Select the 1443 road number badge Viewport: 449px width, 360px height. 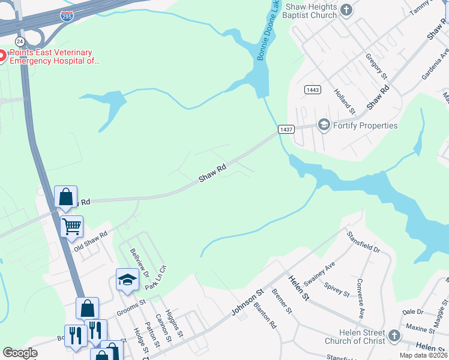312,90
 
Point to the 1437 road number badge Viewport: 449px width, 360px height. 286,129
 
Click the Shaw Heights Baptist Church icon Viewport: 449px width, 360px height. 346,10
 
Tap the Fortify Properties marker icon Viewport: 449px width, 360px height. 324,125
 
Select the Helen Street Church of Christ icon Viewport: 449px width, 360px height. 394,335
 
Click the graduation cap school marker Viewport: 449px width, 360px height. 127,279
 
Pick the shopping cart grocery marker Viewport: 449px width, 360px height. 71,226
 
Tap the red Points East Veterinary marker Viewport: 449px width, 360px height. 2,56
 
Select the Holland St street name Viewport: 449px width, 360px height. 345,102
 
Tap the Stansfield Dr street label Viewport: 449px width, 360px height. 363,241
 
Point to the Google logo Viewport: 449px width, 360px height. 20,352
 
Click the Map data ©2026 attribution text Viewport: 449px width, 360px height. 423,355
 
